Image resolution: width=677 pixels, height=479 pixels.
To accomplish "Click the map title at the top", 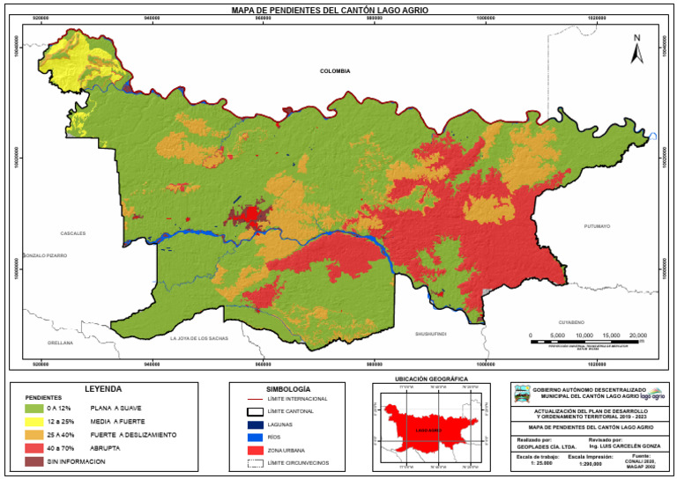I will pyautogui.click(x=338, y=11).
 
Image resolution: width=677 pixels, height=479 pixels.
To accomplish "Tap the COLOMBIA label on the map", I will pyautogui.click(x=335, y=71).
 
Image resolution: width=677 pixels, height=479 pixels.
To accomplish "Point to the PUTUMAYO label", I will pyautogui.click(x=597, y=226).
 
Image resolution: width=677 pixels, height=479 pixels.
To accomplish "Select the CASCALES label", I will pyautogui.click(x=72, y=233).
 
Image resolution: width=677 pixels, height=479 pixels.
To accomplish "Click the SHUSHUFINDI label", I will pyautogui.click(x=431, y=334).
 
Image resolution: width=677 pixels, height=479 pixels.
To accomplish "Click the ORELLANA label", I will pyautogui.click(x=61, y=343).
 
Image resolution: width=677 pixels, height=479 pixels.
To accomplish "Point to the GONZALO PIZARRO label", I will pyautogui.click(x=45, y=255).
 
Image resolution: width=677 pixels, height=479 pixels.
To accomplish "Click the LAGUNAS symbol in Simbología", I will pyautogui.click(x=254, y=424).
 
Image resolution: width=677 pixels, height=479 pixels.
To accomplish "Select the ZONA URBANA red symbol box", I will pyautogui.click(x=254, y=449).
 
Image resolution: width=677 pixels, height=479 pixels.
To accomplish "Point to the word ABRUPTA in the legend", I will pyautogui.click(x=106, y=448).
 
